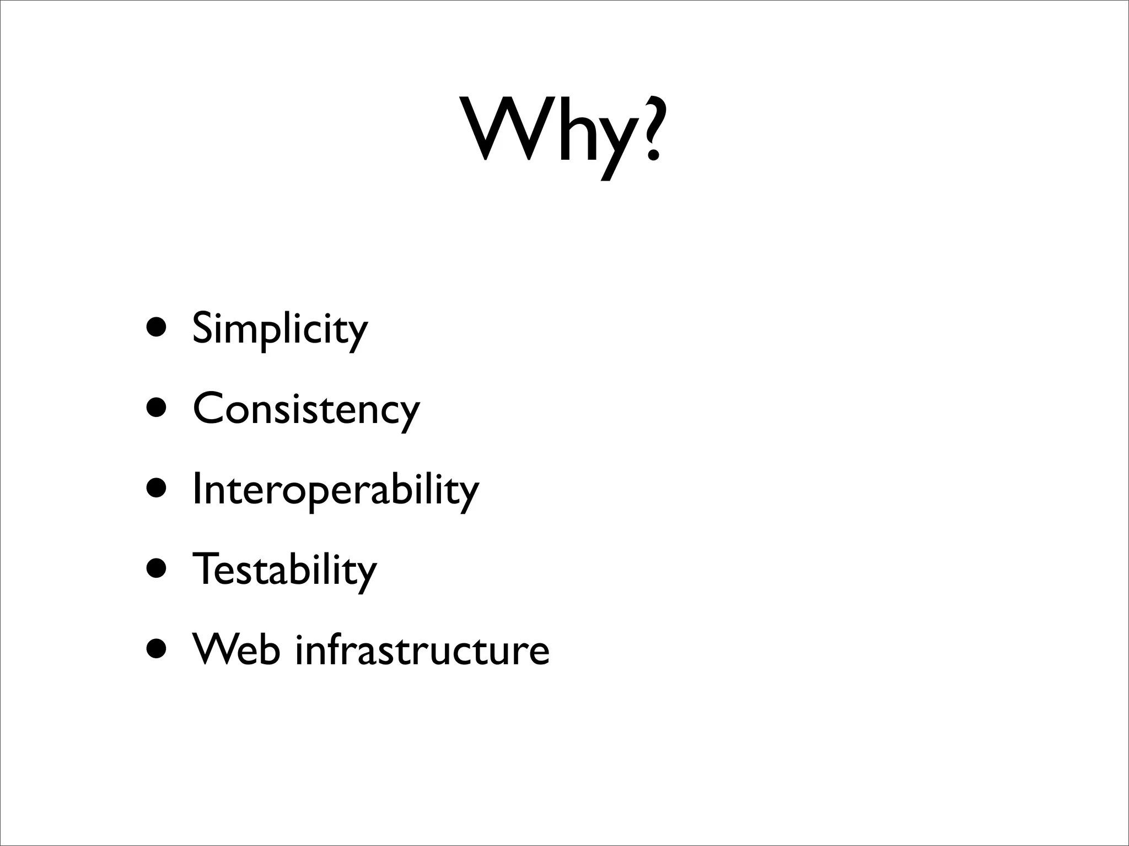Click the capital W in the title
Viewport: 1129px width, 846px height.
[x=507, y=129]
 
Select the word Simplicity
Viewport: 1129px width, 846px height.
[x=279, y=329]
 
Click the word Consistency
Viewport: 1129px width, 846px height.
[x=306, y=409]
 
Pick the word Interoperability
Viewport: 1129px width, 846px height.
[x=336, y=490]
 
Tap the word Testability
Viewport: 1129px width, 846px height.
[x=284, y=570]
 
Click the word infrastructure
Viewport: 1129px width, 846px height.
[x=422, y=650]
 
